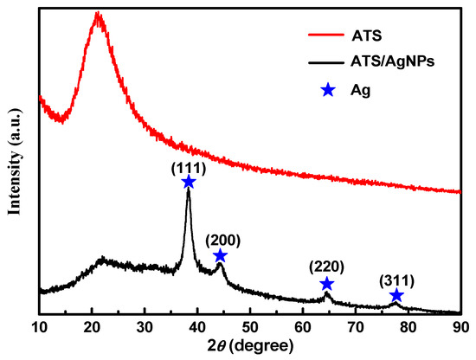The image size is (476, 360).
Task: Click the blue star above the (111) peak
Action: click(x=189, y=182)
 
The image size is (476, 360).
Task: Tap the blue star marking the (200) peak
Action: click(x=220, y=255)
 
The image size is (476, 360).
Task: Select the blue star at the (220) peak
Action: click(x=326, y=284)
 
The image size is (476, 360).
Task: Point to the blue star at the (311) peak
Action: click(x=396, y=296)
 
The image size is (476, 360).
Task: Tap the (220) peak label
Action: click(x=327, y=268)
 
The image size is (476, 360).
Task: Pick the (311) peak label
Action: click(x=396, y=280)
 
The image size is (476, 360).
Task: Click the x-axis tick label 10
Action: click(x=40, y=327)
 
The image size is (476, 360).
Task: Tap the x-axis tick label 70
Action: click(x=355, y=327)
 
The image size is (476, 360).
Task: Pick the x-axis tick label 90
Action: click(x=460, y=327)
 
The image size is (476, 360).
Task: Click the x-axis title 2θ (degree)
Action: click(x=250, y=348)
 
